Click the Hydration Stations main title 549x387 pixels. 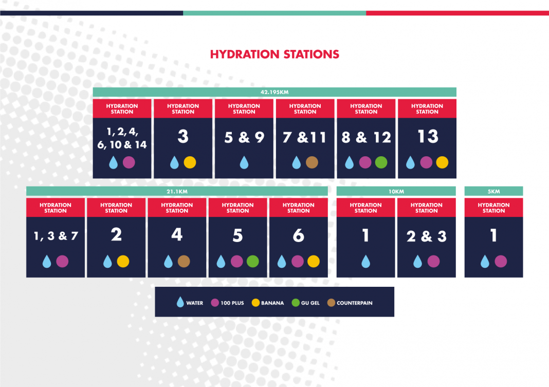(274, 54)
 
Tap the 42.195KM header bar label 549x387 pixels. (274, 92)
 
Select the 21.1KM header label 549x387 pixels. (177, 191)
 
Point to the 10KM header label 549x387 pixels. (396, 191)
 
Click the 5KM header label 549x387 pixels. (493, 191)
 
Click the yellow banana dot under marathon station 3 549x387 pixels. (190, 162)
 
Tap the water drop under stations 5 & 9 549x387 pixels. (244, 163)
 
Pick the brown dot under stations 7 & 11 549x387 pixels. (312, 162)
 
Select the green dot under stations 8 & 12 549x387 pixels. (381, 162)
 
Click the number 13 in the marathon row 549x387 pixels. (428, 137)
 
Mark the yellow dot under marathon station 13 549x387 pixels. (442, 162)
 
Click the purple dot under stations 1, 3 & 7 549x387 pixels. (62, 262)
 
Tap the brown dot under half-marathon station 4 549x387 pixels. (184, 262)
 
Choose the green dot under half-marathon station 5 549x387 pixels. (252, 262)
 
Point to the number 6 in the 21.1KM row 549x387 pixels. (298, 235)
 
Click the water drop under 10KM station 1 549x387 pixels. (365, 262)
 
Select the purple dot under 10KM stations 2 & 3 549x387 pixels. (433, 262)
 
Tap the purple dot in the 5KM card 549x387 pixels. (501, 262)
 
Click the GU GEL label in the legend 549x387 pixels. (310, 303)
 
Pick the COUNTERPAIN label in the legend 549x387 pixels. (354, 303)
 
